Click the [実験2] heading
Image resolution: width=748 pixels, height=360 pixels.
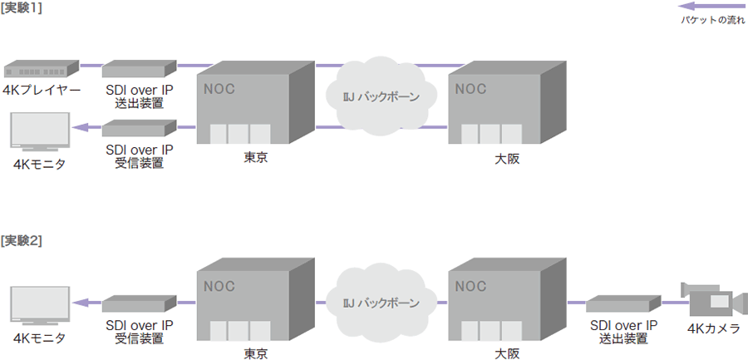[22, 241]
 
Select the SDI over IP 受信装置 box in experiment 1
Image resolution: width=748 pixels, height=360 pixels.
[140, 128]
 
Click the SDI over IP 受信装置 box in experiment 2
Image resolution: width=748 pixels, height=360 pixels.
[140, 303]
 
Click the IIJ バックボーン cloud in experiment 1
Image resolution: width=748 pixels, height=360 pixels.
[381, 96]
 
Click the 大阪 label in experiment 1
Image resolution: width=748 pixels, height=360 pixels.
[503, 159]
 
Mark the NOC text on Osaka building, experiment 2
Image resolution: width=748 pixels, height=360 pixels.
[470, 287]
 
